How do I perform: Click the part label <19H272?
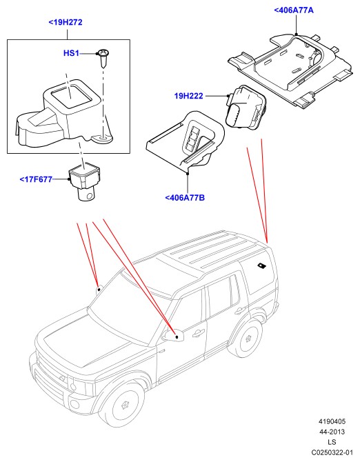coord(66,22)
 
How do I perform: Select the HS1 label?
coord(71,53)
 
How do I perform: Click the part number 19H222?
coord(188,96)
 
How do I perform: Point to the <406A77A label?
coord(294,10)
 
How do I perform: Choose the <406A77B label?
coord(185,197)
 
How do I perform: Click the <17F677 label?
coord(36,179)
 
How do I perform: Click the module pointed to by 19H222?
coord(246,108)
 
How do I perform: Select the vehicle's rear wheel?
coord(247,339)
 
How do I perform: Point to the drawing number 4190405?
coord(332,421)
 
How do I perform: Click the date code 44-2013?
coord(332,432)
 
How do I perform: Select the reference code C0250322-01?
coord(332,452)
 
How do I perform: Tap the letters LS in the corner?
coord(332,442)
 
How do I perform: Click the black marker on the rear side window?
coord(261,265)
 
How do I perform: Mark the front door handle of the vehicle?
coord(198,333)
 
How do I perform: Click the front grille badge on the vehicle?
coord(62,378)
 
